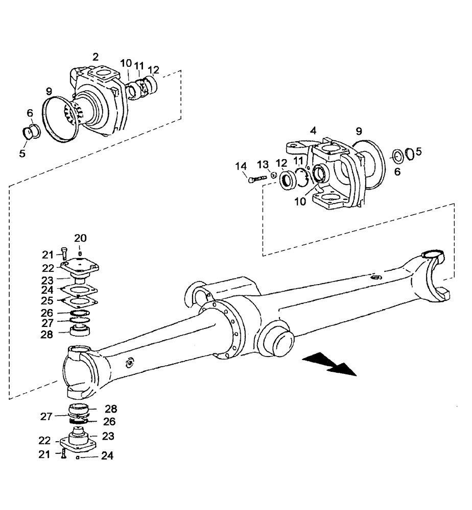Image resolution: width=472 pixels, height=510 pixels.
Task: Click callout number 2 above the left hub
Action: [x=95, y=57]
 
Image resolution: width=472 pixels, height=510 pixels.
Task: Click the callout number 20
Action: [x=80, y=238]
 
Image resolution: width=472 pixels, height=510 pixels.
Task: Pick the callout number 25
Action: [x=47, y=300]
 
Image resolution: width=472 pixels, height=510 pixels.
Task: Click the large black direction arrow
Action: [x=329, y=365]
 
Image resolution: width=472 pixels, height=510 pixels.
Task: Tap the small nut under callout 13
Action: [x=273, y=176]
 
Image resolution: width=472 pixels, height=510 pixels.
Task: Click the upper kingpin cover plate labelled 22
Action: [x=79, y=266]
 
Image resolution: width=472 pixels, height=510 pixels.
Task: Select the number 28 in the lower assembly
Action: [x=111, y=409]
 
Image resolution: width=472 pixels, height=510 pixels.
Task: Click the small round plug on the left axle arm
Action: [x=129, y=363]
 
